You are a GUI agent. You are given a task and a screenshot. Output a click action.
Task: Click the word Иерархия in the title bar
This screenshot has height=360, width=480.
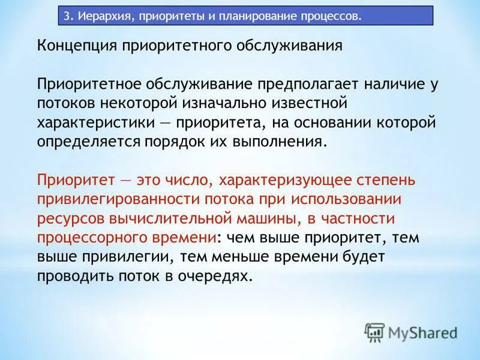pyautogui.click(x=101, y=16)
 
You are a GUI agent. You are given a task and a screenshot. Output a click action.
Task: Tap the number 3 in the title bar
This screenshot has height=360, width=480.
pyautogui.click(x=67, y=16)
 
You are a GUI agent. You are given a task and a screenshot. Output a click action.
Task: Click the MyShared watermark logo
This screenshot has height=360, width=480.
pyautogui.click(x=410, y=332)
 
